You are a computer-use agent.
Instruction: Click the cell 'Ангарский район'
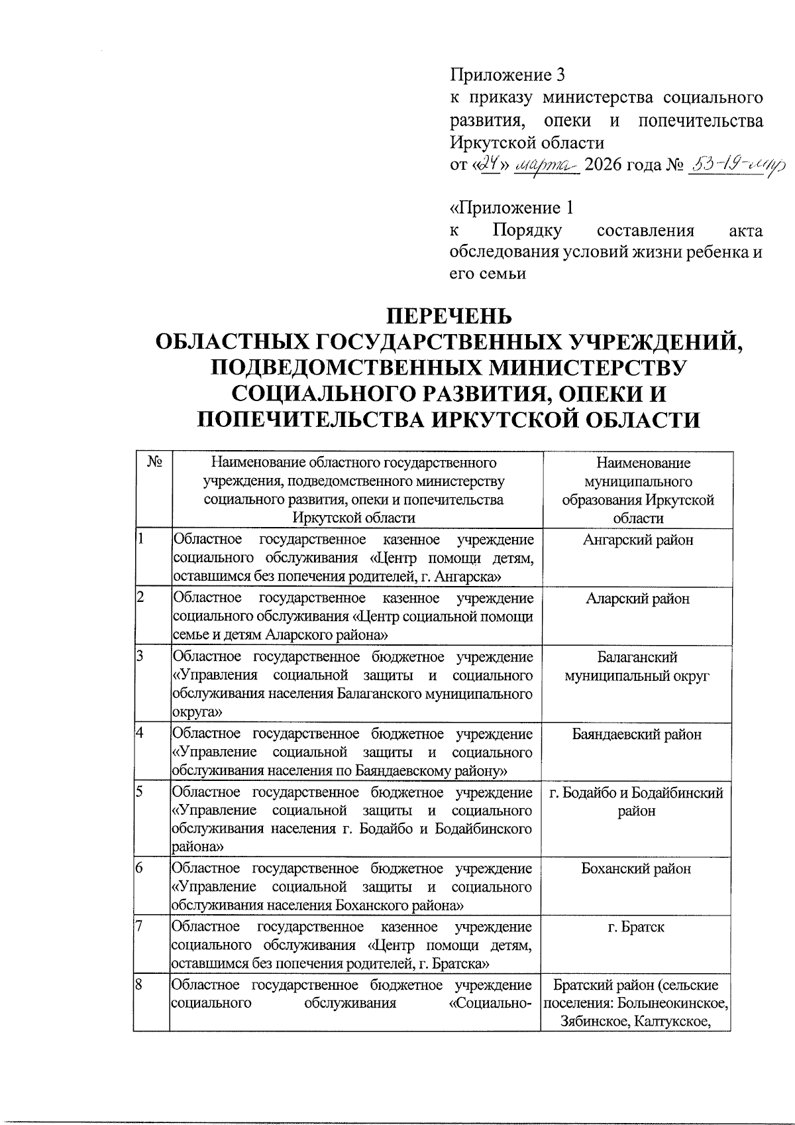[x=637, y=540]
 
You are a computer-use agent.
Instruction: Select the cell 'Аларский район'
[x=637, y=599]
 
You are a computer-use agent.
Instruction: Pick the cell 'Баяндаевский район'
[x=637, y=735]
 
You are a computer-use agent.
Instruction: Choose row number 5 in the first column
[x=140, y=792]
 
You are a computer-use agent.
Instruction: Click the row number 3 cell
[x=140, y=657]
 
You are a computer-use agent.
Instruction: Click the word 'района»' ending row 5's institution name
[x=197, y=847]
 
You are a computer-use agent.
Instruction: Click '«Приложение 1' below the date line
[x=511, y=208]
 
